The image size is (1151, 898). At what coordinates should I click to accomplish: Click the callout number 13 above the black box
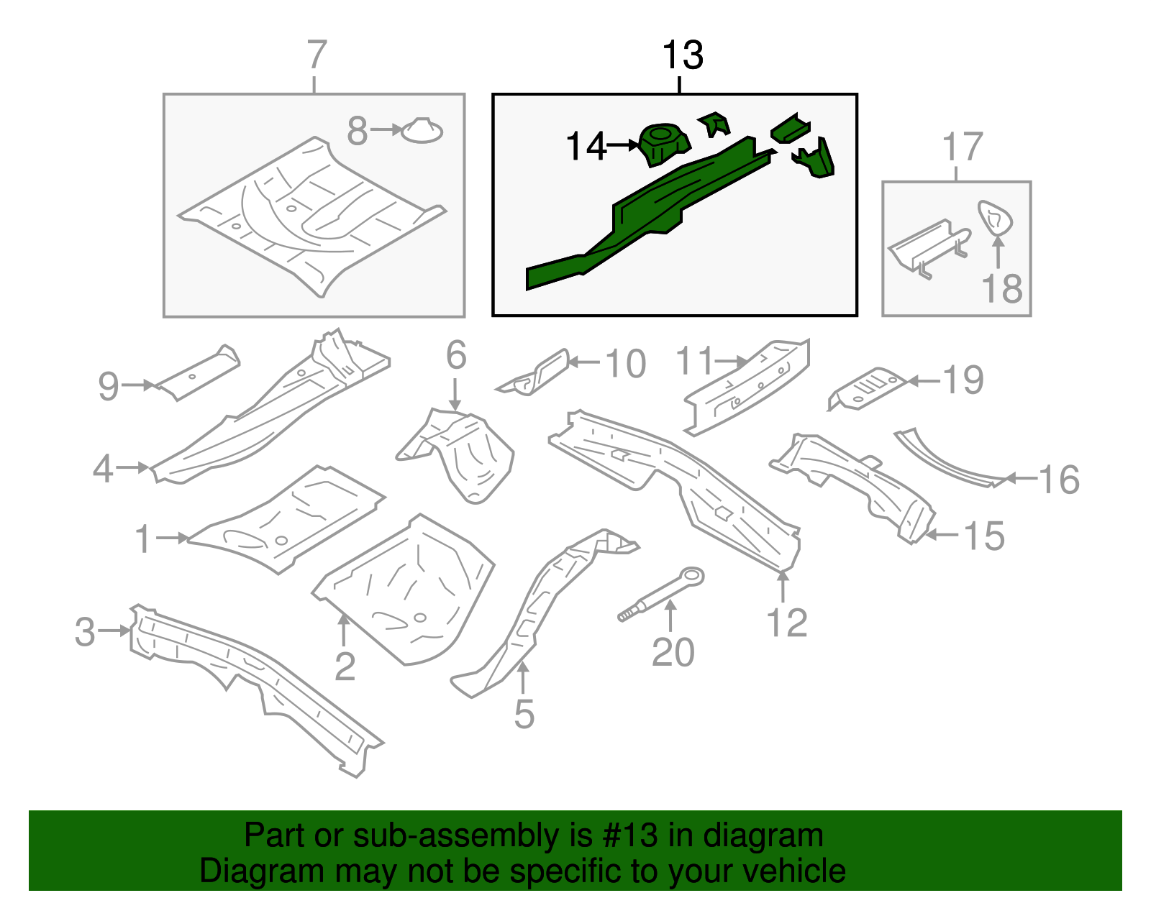[681, 56]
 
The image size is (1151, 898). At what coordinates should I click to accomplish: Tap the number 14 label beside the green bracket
[586, 147]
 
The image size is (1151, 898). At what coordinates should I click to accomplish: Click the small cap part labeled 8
[422, 131]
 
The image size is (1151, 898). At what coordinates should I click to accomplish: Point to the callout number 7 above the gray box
[317, 55]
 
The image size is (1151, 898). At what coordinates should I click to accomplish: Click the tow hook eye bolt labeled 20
[662, 593]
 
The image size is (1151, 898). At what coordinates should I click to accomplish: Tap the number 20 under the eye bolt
[673, 653]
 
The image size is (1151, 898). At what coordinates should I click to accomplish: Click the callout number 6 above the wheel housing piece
[456, 355]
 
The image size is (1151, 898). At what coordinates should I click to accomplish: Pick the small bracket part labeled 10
[537, 372]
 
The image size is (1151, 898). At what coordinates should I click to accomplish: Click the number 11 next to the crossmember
[694, 361]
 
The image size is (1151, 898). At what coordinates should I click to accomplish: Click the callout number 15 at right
[983, 536]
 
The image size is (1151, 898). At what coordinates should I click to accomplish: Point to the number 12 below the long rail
[787, 623]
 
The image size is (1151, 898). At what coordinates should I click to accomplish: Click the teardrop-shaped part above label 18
[996, 218]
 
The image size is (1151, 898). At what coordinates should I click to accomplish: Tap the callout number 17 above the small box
[962, 147]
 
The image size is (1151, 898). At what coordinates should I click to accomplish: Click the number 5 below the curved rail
[524, 715]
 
